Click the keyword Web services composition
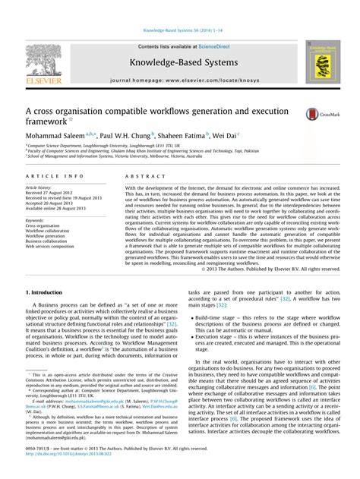[50, 247]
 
